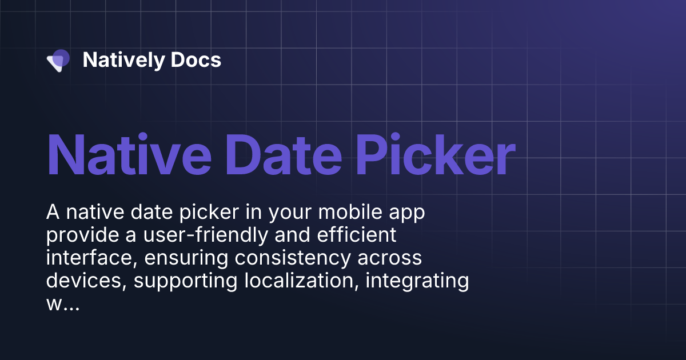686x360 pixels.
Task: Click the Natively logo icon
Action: [x=58, y=60]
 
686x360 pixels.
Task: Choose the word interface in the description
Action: [x=93, y=258]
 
